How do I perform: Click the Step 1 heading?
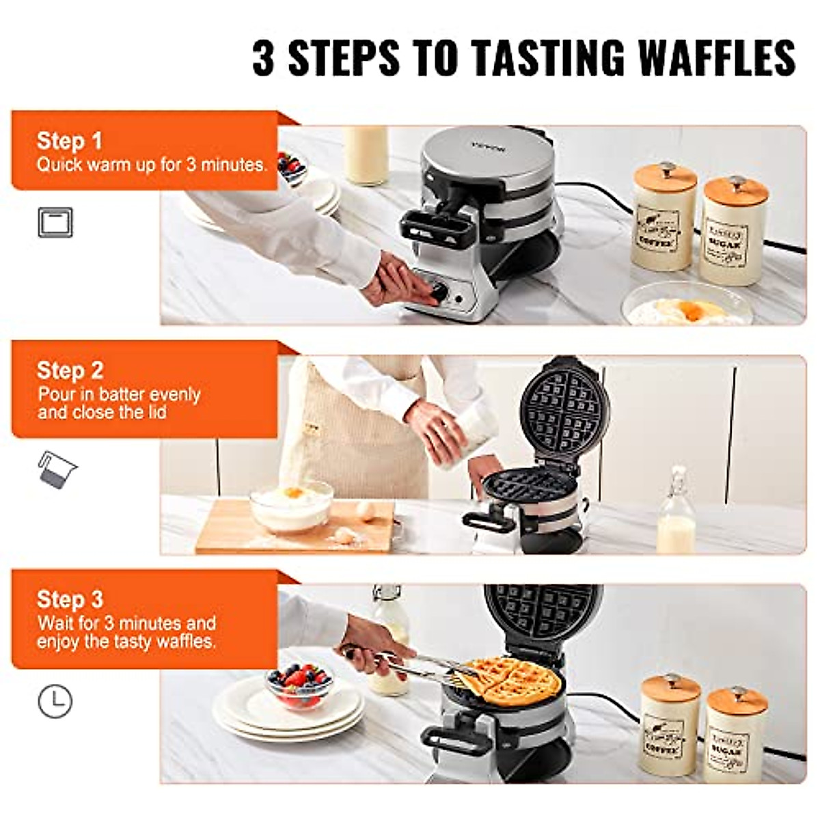coord(69,140)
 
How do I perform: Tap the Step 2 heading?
coord(70,370)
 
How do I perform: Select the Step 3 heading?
coord(70,599)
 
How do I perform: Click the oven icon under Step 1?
coord(55,223)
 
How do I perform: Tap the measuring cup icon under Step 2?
coord(57,470)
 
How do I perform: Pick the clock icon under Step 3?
coord(55,701)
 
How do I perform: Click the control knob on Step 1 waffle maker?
coord(439,292)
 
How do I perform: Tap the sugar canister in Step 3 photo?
coord(735,735)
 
